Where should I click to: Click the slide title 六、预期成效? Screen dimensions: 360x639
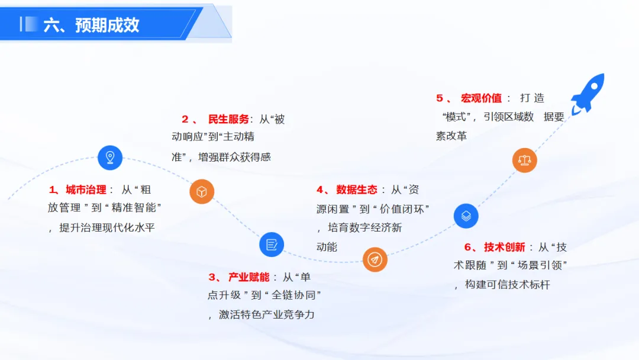coord(92,25)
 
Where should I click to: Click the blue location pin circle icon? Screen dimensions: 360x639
coord(110,157)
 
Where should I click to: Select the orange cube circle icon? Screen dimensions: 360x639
coord(202,192)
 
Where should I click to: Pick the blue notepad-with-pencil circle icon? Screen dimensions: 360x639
coord(272,244)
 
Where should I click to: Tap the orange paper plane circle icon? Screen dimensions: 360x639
coord(375,259)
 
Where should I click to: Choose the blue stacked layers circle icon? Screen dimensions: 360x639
coord(466,216)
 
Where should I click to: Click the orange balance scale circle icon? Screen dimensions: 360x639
coord(524,159)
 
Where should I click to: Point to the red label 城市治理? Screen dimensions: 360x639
coord(86,190)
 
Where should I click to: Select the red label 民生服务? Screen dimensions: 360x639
coord(229,120)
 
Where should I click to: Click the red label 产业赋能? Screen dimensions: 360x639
coord(249,277)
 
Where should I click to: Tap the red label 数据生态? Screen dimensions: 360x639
coord(357,190)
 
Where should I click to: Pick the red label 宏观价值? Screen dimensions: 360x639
coord(482,98)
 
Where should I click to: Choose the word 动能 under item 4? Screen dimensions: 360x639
coord(327,247)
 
